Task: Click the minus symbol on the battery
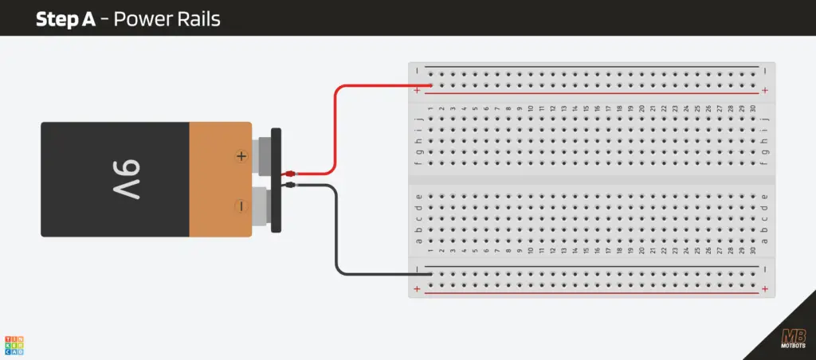point(241,206)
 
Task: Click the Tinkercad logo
point(14,344)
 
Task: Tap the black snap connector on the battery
point(276,180)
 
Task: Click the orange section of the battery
point(219,179)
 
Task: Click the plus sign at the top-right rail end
point(765,91)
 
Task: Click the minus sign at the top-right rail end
point(765,70)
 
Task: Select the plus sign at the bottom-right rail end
point(765,288)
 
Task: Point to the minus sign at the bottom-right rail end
point(765,269)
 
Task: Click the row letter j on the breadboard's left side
point(419,119)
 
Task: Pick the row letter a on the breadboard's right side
point(765,241)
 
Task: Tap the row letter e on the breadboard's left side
point(419,196)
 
